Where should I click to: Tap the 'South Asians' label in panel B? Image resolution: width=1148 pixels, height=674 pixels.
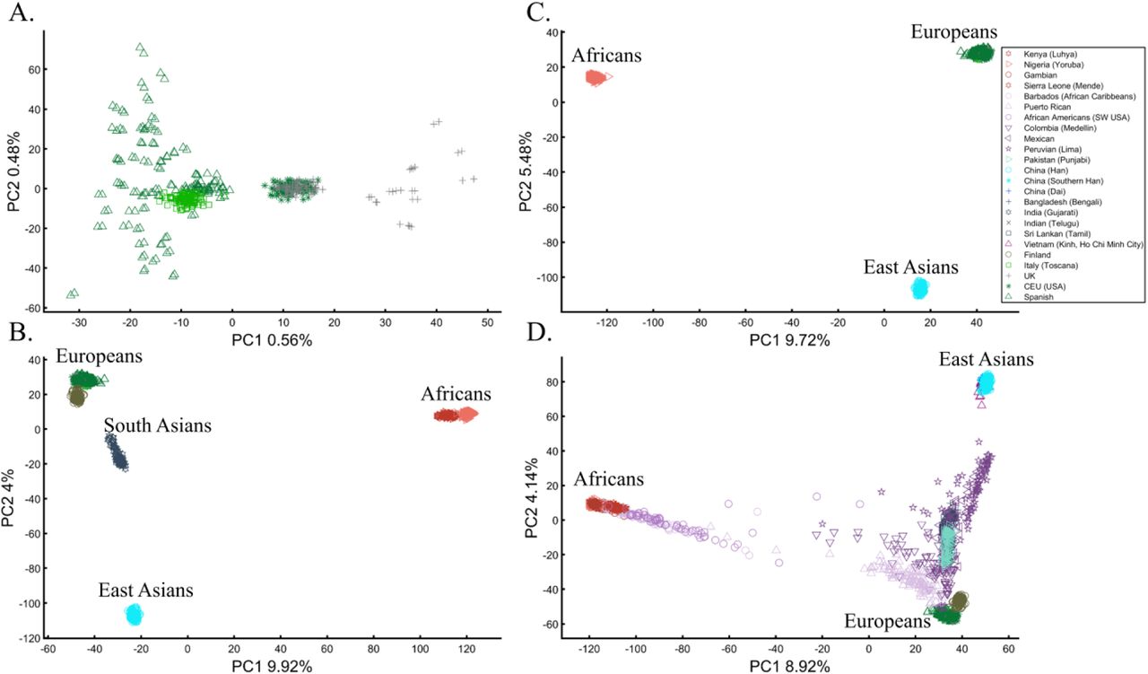[157, 425]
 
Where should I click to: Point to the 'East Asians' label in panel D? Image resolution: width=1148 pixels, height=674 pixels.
[987, 359]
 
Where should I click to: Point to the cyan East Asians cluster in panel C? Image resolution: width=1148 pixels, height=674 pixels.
[919, 288]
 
